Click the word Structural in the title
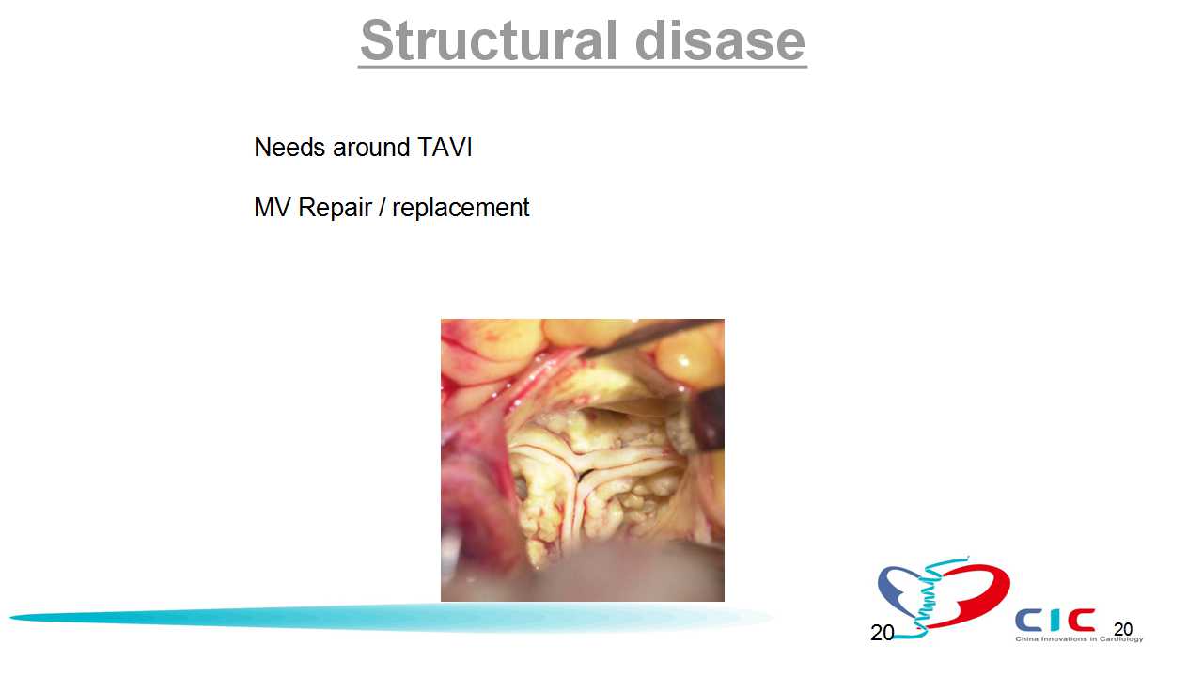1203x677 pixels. point(489,40)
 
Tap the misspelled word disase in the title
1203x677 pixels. point(720,40)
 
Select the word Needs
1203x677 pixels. point(289,148)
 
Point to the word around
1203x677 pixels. point(371,148)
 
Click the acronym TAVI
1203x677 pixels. point(445,148)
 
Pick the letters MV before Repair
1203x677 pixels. point(272,208)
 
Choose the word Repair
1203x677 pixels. point(335,209)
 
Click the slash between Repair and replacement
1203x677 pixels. point(382,208)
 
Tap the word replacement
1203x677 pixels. point(461,209)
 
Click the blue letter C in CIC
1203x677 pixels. point(1028,620)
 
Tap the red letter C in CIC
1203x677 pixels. point(1081,620)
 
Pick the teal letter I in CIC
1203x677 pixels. point(1055,620)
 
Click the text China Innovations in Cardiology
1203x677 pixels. point(1079,638)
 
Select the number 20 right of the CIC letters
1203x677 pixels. point(1123,629)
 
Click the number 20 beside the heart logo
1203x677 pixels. point(882,633)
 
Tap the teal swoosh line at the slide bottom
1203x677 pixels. point(392,618)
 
